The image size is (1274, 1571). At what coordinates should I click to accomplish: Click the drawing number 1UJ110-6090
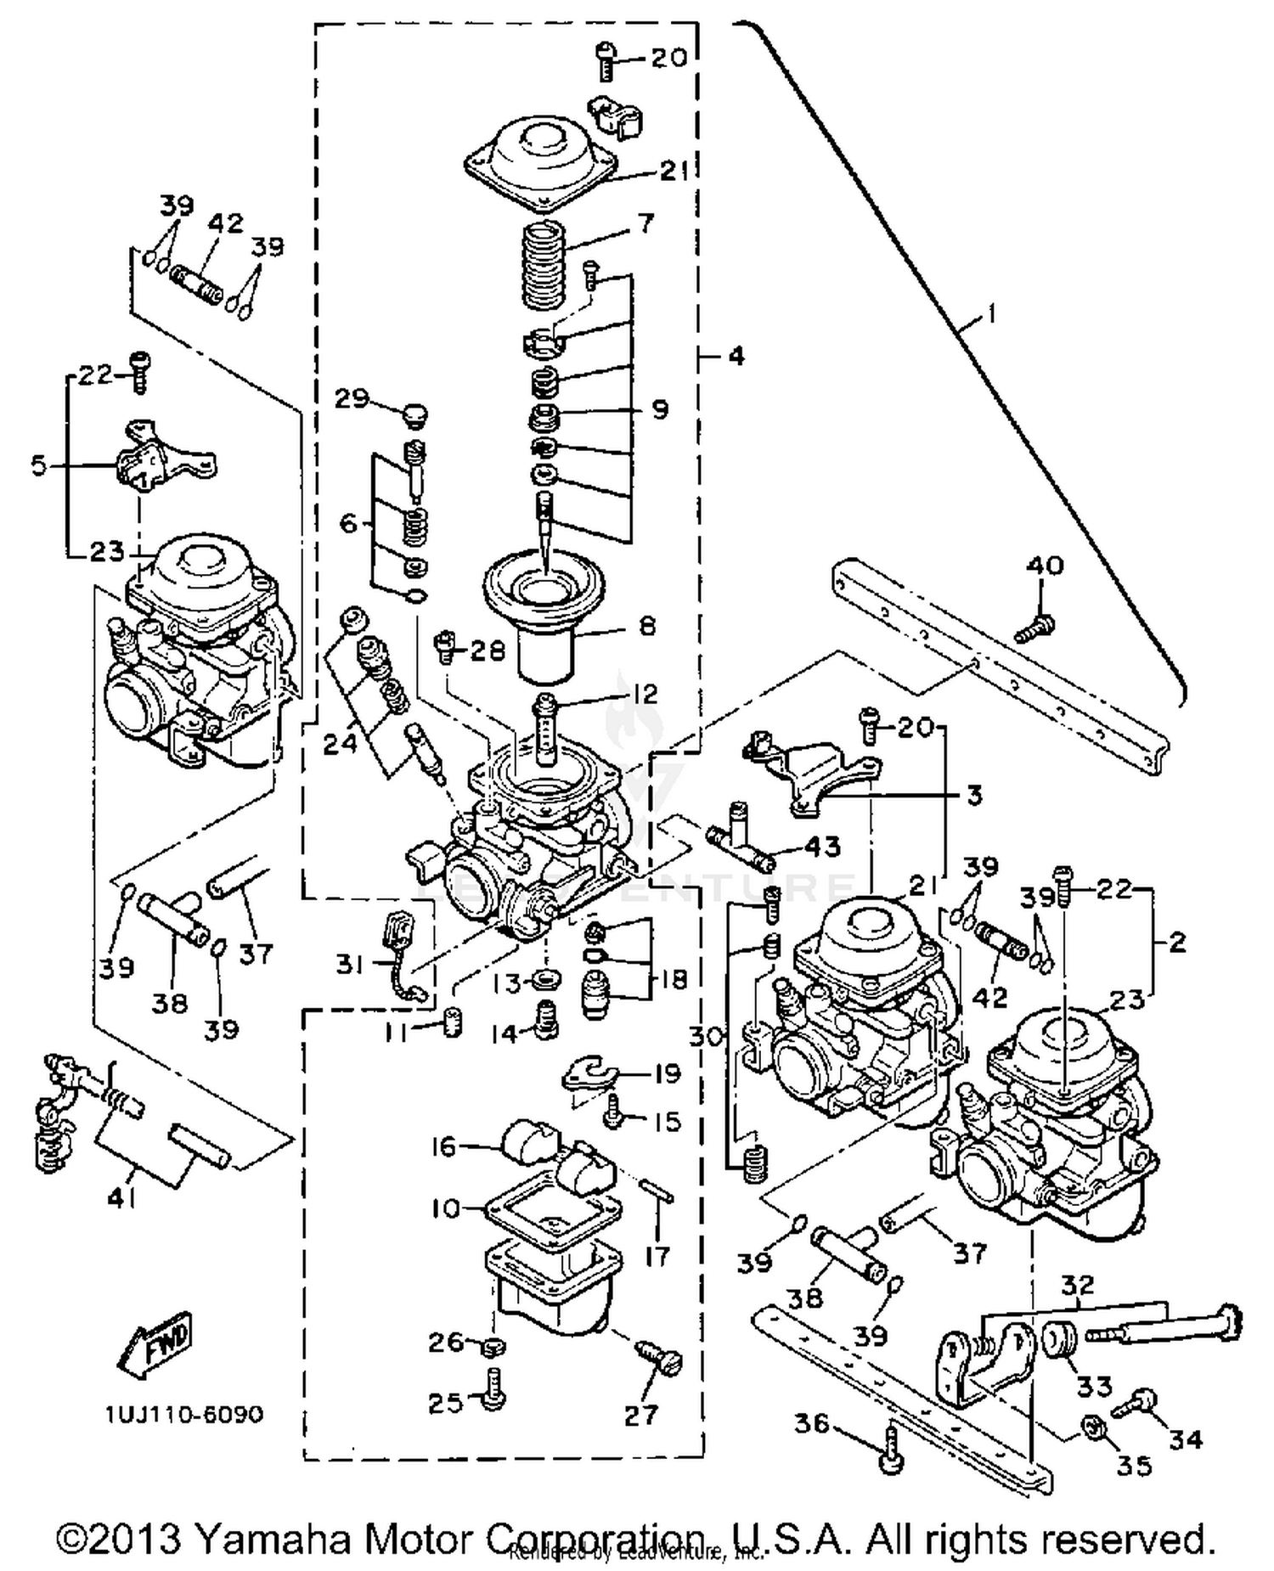pyautogui.click(x=184, y=1415)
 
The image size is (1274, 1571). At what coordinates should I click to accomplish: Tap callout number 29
pyautogui.click(x=352, y=399)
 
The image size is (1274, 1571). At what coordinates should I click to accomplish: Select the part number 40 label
pyautogui.click(x=1045, y=565)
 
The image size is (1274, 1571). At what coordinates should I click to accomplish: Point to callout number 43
pyautogui.click(x=821, y=846)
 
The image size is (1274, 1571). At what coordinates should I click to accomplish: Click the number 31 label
pyautogui.click(x=350, y=964)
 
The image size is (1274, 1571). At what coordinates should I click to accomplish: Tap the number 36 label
pyautogui.click(x=811, y=1422)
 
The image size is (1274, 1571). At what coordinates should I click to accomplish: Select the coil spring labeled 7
pyautogui.click(x=544, y=265)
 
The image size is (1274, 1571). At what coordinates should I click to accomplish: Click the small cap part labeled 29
pyautogui.click(x=415, y=414)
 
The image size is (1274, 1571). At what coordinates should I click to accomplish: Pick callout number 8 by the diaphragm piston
pyautogui.click(x=647, y=626)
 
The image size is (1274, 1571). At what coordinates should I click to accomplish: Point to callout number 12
pyautogui.click(x=645, y=694)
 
